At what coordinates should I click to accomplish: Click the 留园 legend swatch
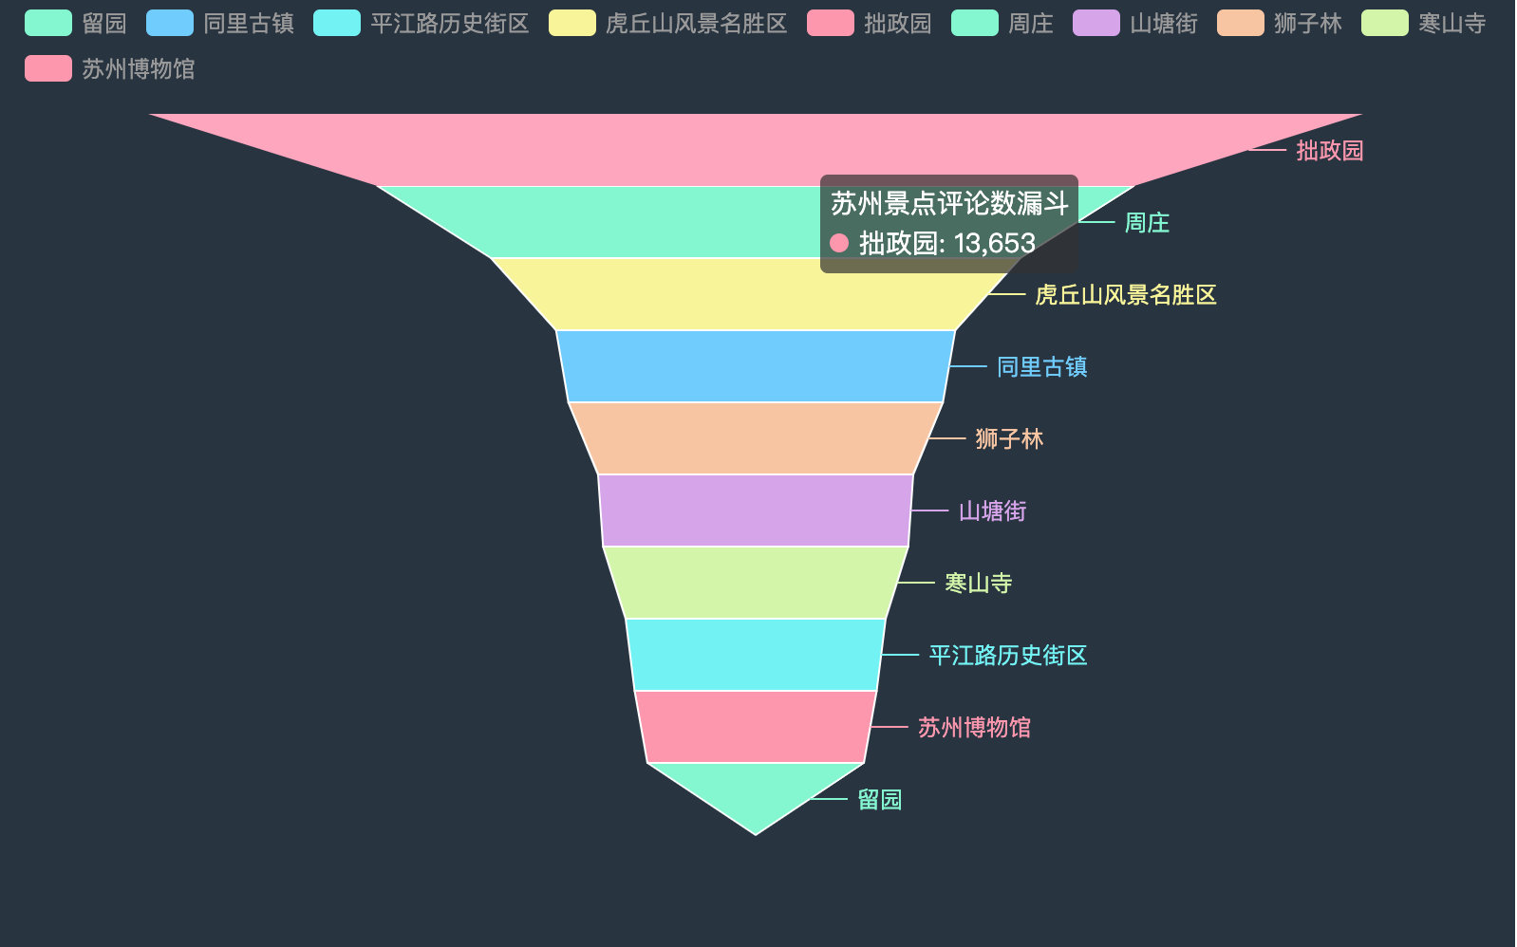48,23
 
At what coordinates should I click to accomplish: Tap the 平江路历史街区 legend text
449,23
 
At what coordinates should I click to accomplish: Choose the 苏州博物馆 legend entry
138,68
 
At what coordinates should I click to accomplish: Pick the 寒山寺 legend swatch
1384,23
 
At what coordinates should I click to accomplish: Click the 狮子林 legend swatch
1240,23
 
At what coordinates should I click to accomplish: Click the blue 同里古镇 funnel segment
756,366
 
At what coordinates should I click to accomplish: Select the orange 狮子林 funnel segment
756,438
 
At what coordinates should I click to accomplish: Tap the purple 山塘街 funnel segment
756,511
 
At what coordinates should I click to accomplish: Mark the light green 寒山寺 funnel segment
756,583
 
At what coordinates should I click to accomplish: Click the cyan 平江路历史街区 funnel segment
756,655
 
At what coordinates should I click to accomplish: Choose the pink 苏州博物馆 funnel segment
756,727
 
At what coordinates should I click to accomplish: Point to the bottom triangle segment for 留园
756,792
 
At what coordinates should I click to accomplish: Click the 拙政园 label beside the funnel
1329,150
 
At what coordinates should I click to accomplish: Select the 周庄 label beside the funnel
1147,223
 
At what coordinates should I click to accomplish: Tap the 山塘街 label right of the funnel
992,511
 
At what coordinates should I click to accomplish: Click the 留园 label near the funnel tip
879,800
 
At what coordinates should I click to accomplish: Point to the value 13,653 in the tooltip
994,244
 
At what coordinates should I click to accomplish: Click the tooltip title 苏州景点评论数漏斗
949,203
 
